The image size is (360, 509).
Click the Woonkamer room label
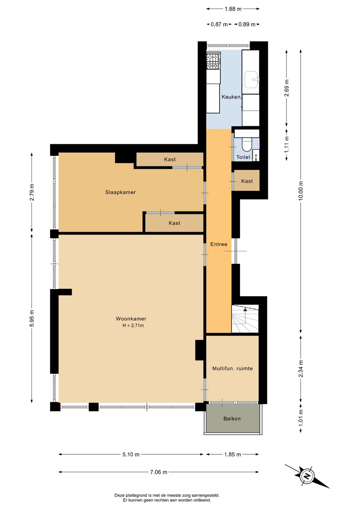131,319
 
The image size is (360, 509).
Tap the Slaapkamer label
120,192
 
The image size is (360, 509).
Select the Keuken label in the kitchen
231,97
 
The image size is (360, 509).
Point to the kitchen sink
252,79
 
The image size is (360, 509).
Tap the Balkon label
232,419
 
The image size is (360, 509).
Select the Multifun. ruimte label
232,368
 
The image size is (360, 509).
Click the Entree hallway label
219,244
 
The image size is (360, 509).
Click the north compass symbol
307,476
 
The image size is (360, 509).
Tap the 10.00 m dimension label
301,191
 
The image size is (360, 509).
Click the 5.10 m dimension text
131,454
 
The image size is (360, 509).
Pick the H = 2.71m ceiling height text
133,326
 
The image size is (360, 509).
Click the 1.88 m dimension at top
233,9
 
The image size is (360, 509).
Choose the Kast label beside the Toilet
247,181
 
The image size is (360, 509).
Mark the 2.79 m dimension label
32,192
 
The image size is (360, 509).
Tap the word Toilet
243,157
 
